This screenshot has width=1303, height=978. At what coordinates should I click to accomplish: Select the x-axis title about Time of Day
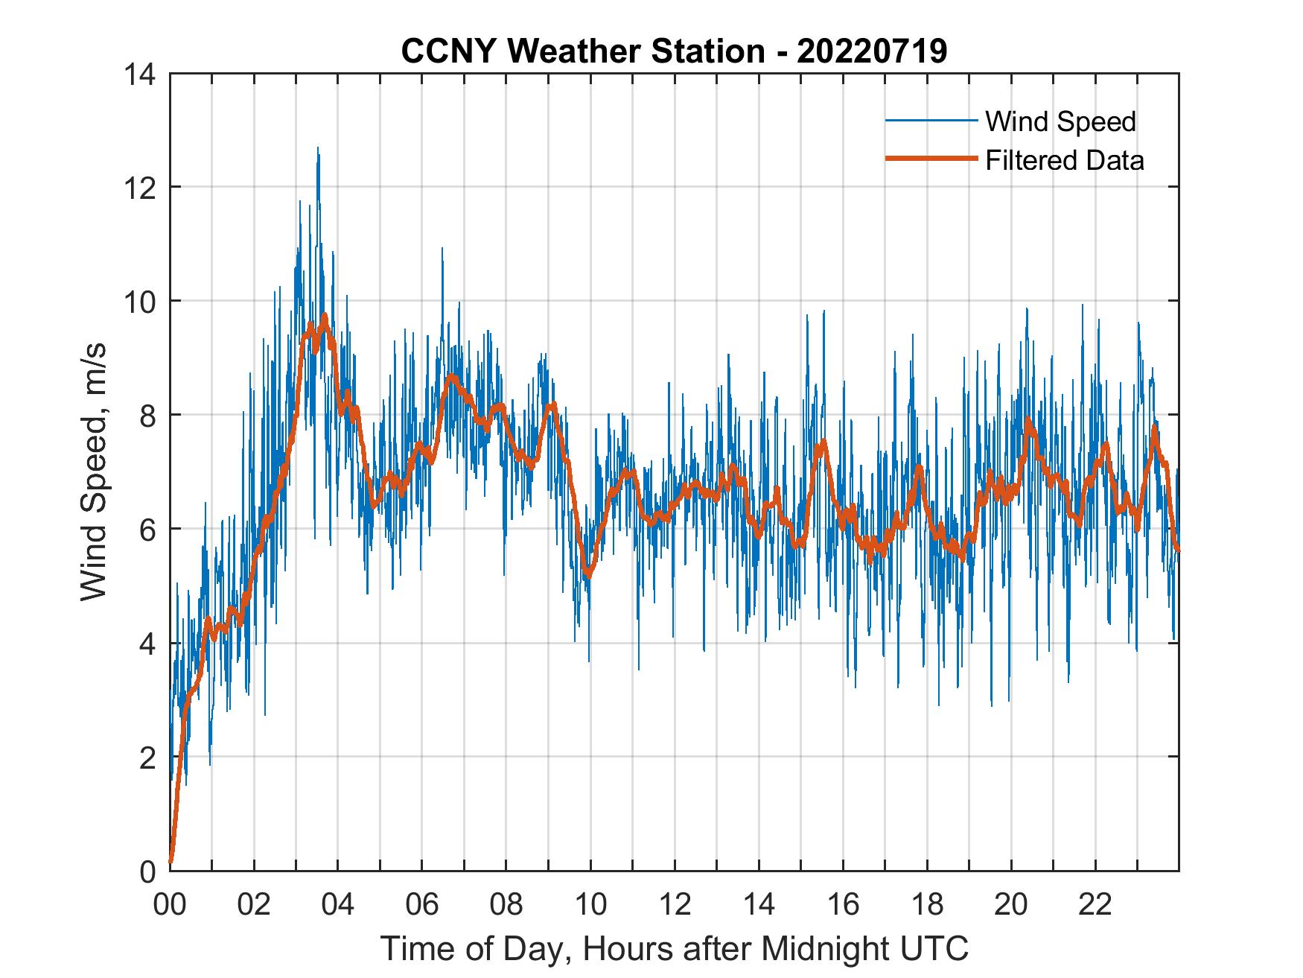tap(675, 948)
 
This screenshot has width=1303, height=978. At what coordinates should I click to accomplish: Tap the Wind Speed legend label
tap(1060, 121)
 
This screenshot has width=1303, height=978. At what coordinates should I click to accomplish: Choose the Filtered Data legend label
tap(1064, 160)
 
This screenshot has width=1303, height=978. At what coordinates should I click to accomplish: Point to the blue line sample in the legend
tap(931, 121)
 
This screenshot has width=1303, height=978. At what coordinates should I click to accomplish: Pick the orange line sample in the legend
tap(931, 159)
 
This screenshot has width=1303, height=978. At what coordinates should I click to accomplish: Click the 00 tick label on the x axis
tap(170, 906)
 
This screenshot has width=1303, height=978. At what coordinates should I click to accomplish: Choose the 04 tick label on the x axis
tap(338, 906)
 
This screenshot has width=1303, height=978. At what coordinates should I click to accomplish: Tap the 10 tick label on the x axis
tap(590, 906)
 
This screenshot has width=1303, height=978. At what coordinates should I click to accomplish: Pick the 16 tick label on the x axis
tap(843, 906)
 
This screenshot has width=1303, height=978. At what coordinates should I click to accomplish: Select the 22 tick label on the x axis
tap(1095, 906)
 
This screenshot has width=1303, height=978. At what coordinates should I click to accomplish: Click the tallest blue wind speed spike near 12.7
tap(318, 149)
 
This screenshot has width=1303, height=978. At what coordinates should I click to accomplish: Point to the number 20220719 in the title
tap(872, 51)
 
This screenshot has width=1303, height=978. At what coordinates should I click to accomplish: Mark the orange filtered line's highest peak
tap(324, 317)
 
